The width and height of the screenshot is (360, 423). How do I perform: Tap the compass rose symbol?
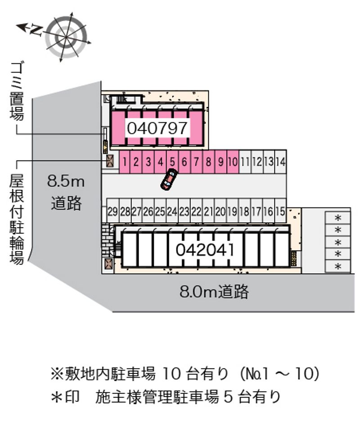[67, 37]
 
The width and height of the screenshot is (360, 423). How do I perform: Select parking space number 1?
[124, 162]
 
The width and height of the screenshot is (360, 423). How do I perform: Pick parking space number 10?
[233, 162]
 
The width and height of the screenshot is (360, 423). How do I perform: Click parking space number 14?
[281, 162]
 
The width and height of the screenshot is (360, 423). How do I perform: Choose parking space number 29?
[112, 211]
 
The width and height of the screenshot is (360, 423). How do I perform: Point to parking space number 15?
[281, 211]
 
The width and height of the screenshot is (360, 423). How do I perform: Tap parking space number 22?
[196, 211]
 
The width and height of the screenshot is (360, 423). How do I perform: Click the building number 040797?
[157, 128]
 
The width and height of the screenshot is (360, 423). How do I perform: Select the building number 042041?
[205, 250]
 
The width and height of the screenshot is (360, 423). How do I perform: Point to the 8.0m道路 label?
[214, 292]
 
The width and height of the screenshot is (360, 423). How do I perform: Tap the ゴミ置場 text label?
[17, 91]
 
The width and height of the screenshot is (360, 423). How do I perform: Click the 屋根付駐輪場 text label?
[17, 219]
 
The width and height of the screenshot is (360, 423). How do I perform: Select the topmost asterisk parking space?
[338, 218]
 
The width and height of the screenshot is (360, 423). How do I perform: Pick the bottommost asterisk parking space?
[338, 266]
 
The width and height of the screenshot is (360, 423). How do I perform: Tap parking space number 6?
[184, 162]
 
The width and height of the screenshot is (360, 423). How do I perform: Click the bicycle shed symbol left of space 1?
[110, 161]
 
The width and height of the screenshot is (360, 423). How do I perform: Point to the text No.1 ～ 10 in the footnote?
[280, 373]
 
